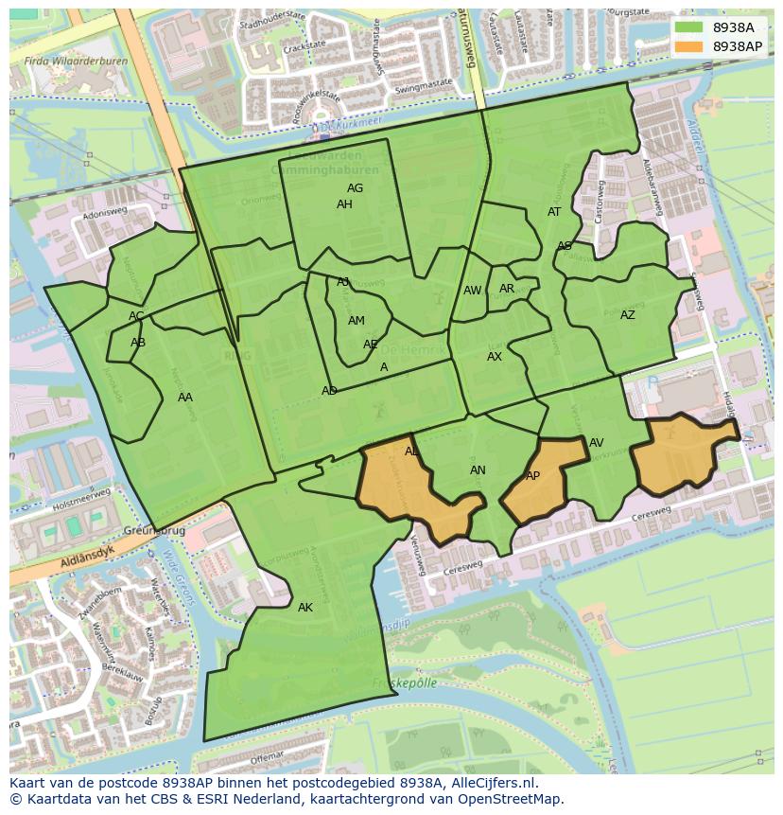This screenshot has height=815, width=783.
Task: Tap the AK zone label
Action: point(304,608)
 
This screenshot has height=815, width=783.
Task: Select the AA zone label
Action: point(185,398)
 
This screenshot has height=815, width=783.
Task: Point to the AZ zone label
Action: point(628,315)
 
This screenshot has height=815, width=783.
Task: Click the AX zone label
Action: point(495,357)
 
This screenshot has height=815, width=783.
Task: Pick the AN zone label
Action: point(478,470)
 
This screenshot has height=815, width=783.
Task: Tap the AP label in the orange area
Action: point(532,476)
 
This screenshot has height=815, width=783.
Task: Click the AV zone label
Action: point(596,443)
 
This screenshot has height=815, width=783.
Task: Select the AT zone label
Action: point(554,212)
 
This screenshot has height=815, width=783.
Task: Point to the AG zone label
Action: point(355,188)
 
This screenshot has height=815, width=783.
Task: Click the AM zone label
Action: point(356,321)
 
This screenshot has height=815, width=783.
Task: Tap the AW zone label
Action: point(472,291)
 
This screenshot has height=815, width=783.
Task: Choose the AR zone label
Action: point(507,289)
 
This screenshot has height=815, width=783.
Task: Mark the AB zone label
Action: point(138,343)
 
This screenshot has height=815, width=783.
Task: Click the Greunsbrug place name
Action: point(151,531)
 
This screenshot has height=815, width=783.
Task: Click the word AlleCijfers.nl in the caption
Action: point(492,784)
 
